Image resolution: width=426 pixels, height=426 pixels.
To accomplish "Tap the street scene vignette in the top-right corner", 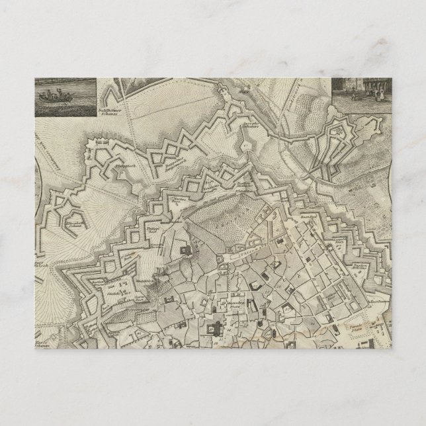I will click(x=361, y=95).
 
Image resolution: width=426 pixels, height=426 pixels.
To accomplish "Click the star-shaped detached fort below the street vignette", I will click(x=338, y=148).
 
